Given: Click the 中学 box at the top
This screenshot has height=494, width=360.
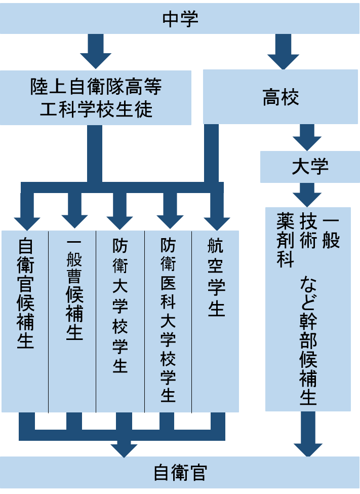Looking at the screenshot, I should pos(180,19).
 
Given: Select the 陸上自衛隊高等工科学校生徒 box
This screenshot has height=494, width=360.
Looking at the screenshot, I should pos(96,98).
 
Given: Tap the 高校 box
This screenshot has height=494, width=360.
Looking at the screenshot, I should pos(281,97).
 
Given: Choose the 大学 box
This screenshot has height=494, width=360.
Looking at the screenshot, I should pos(309,167).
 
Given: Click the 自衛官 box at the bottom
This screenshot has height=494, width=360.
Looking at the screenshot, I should pos(180,473).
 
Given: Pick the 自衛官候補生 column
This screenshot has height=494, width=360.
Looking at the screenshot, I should pos(25,321).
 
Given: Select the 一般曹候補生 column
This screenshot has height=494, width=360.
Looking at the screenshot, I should pos(72,321).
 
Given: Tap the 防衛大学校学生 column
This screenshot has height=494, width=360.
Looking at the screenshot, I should pos(120,321).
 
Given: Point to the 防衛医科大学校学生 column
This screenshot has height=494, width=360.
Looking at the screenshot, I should pos(168,321).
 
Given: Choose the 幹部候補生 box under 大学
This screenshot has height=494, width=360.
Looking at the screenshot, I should pos(308,309).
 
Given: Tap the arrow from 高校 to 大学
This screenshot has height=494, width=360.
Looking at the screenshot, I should pos(307,138).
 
